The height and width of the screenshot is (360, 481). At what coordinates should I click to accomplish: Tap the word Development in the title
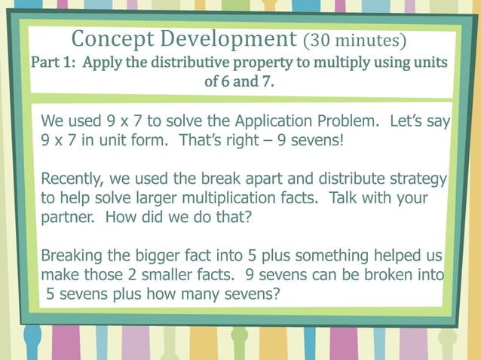click(230, 38)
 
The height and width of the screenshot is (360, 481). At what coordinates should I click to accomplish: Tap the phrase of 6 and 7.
click(240, 81)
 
